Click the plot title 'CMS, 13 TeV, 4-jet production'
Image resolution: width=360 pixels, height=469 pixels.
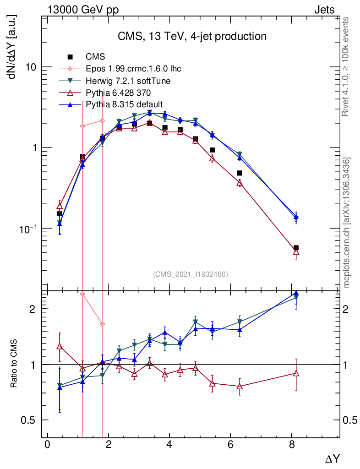pyautogui.click(x=192, y=36)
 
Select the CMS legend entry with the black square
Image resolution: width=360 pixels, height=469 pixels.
pyautogui.click(x=96, y=57)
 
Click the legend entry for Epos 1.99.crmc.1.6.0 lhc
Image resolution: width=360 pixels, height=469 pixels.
pyautogui.click(x=133, y=69)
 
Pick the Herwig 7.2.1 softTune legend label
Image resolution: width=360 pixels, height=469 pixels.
pyautogui.click(x=128, y=81)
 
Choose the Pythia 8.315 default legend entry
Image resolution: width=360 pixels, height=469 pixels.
pyautogui.click(x=124, y=104)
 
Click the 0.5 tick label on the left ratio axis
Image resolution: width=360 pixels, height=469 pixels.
pyautogui.click(x=29, y=420)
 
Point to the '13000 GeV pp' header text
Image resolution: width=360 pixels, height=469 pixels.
pyautogui.click(x=82, y=10)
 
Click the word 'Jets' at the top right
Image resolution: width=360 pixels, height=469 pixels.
pyautogui.click(x=324, y=10)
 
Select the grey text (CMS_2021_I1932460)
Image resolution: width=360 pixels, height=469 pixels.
pyautogui.click(x=190, y=274)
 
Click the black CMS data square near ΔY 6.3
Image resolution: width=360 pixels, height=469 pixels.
pyautogui.click(x=240, y=173)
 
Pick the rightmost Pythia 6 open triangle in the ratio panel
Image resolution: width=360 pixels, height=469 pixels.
pyautogui.click(x=296, y=373)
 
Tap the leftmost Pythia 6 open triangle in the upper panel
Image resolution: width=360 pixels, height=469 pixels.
pyautogui.click(x=60, y=205)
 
